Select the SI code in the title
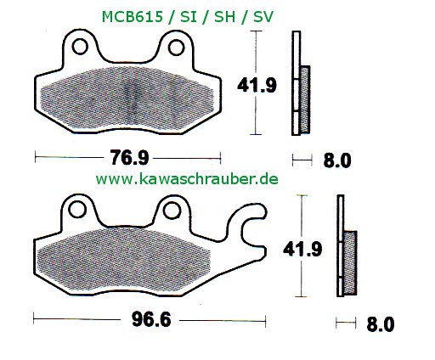[187, 16]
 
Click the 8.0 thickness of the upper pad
[338, 160]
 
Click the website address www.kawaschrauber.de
[187, 179]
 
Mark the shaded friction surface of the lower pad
[127, 259]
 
